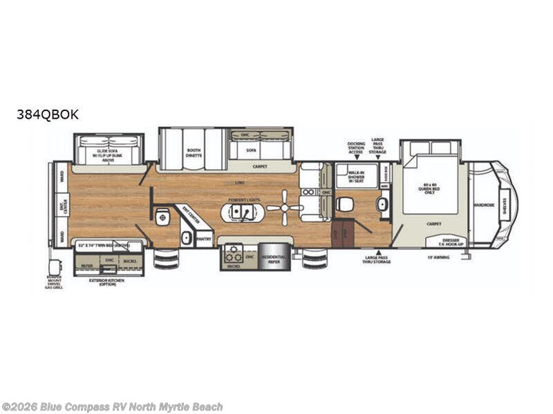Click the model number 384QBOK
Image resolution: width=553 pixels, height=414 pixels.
tap(48, 115)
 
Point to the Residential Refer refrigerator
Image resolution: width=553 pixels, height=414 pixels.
tap(274, 257)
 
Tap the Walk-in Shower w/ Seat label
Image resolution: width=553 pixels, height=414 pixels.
tap(357, 175)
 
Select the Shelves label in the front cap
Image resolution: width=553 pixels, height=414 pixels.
tap(505, 204)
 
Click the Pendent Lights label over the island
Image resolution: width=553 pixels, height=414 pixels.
tap(242, 198)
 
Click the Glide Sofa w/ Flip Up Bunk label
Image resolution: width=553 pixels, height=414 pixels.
tap(111, 153)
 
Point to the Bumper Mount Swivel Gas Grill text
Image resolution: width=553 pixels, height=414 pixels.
tap(55, 283)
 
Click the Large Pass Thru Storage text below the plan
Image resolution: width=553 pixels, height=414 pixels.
tap(377, 259)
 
